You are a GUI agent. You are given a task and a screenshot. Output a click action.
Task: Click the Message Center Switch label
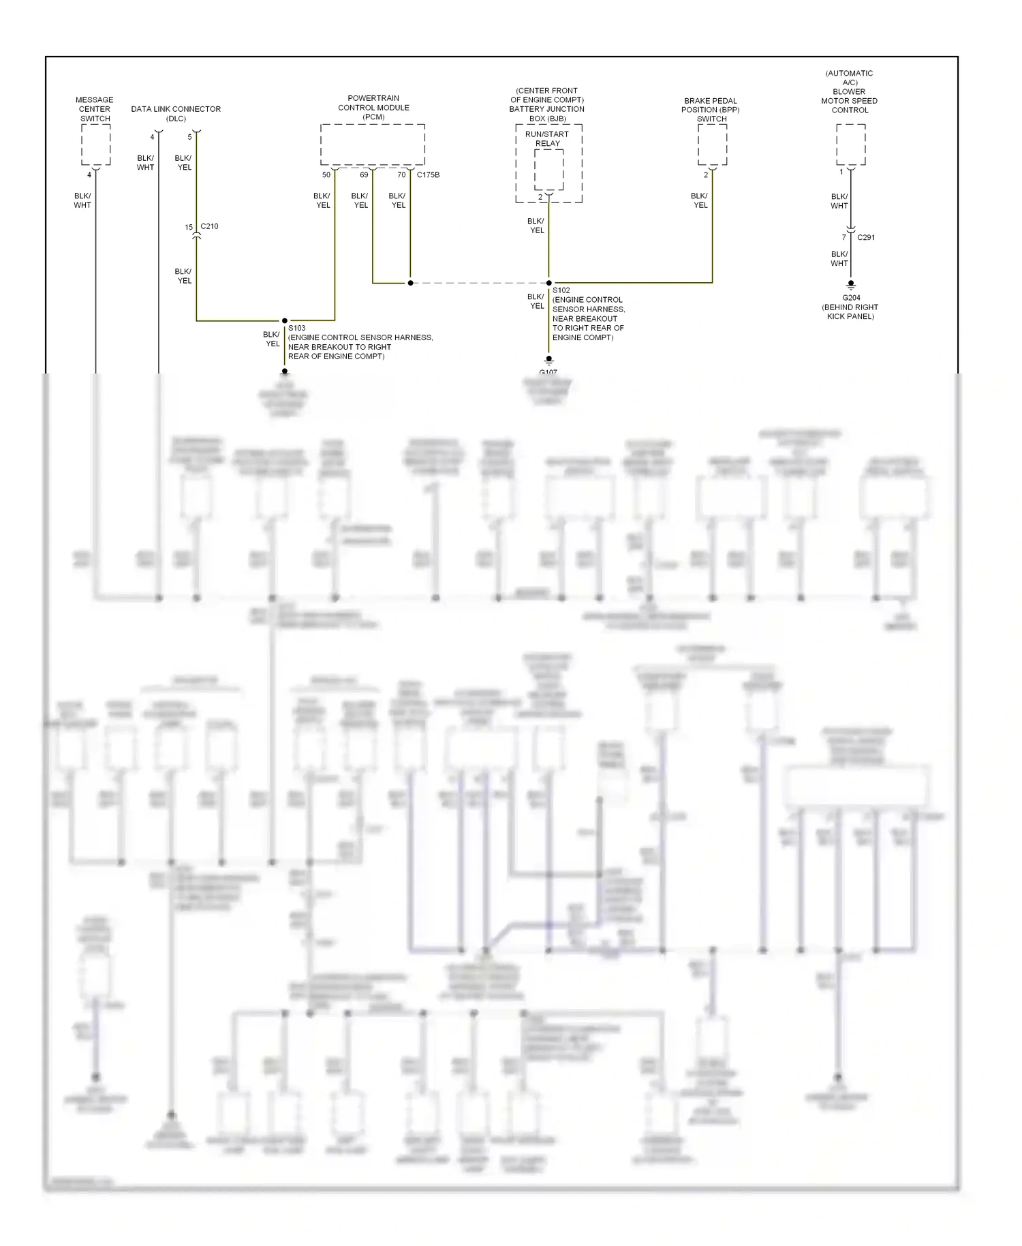[95, 109]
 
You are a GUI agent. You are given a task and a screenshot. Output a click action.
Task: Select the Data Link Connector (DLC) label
[176, 113]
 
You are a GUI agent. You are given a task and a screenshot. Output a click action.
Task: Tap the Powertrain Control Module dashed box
[373, 145]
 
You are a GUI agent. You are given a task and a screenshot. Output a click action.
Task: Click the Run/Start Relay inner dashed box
[548, 169]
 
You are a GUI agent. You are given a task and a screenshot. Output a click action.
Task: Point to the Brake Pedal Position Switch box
[712, 145]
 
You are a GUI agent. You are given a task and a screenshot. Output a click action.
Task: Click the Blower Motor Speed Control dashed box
[850, 145]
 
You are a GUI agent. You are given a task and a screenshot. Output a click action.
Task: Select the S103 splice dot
[285, 320]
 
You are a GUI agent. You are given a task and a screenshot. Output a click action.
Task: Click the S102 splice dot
[549, 283]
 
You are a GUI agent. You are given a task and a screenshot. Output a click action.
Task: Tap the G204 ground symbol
[850, 285]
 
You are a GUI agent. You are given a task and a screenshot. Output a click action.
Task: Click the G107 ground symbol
[549, 361]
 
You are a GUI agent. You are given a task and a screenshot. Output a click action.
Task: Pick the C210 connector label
[209, 226]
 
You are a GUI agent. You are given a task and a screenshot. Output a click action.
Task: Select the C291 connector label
[866, 237]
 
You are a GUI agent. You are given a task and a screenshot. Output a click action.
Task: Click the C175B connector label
[428, 175]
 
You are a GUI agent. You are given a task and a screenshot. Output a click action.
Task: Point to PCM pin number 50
[326, 175]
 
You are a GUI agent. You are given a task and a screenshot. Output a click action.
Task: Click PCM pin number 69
[364, 175]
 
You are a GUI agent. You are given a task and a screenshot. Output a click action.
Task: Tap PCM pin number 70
[401, 175]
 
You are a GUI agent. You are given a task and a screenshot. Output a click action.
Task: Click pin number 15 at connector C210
[189, 228]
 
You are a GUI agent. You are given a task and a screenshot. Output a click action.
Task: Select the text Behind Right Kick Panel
[850, 311]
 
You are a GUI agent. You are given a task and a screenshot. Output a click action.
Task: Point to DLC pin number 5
[189, 137]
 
